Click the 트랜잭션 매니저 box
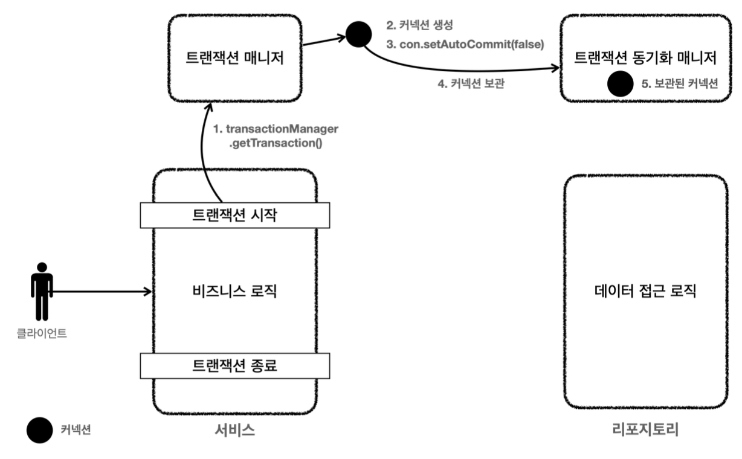(234, 58)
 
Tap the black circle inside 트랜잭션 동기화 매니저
(620, 84)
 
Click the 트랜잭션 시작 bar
(235, 215)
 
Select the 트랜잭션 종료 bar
(235, 364)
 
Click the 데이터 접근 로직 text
(645, 292)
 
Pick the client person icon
(42, 291)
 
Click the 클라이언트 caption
(42, 331)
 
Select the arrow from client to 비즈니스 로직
(103, 292)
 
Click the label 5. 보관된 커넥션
(679, 84)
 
